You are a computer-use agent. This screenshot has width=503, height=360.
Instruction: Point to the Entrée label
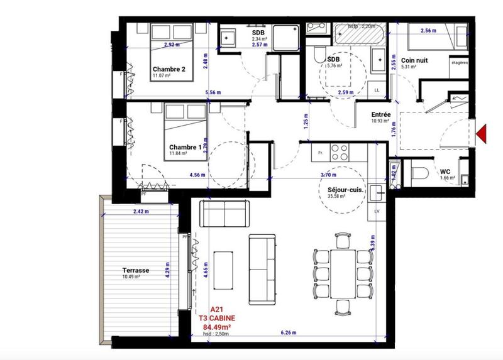pos(381,114)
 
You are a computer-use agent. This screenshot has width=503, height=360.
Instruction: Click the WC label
pos(445,171)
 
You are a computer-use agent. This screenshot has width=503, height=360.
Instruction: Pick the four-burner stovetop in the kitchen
pos(340,151)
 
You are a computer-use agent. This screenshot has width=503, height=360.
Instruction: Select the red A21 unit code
pos(216,308)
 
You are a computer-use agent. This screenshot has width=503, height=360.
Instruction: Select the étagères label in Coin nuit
pos(460,62)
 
